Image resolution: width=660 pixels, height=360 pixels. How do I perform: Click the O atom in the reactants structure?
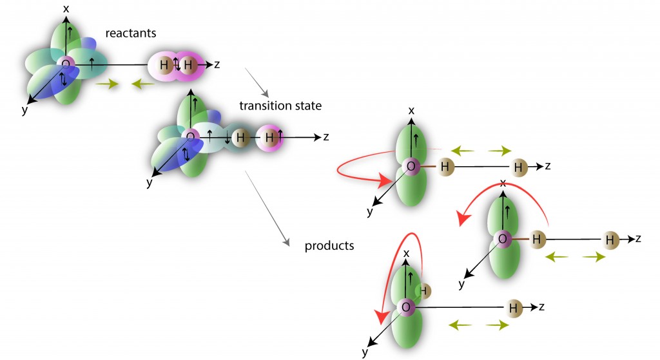point(64,64)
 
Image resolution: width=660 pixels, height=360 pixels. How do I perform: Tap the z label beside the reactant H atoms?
point(217,64)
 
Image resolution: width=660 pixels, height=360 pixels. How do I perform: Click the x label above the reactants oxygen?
point(66,8)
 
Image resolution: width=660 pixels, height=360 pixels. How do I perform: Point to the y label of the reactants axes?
point(24,110)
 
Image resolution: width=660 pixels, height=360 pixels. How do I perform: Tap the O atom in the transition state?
point(189,137)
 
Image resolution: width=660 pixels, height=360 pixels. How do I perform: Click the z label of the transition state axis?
point(326,137)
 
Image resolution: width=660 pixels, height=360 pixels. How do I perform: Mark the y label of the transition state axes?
point(150,184)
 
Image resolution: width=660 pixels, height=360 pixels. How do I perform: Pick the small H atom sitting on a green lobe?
point(423,290)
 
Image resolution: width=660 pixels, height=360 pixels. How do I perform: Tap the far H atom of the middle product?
point(609,240)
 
